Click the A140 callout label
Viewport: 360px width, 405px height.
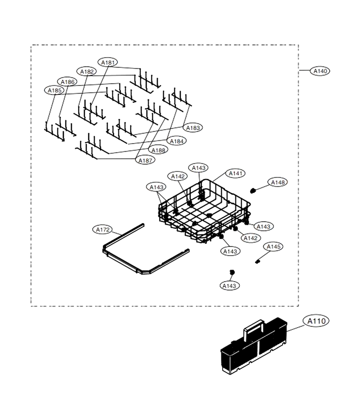coord(320,71)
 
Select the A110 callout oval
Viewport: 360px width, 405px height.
coord(316,321)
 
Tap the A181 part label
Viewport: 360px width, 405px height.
coord(108,63)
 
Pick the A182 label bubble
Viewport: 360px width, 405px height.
coord(86,72)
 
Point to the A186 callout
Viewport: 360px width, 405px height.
coord(67,82)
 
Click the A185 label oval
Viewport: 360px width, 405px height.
coord(54,90)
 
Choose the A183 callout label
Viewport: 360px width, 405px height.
coord(193,128)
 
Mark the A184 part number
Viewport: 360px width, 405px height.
coord(177,141)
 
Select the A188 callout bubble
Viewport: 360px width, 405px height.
coord(158,150)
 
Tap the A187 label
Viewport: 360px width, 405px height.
coord(145,160)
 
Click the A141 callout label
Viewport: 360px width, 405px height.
coord(235,173)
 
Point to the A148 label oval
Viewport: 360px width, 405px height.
coord(278,182)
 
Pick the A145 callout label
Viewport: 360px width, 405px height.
coord(273,247)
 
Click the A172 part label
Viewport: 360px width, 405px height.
coord(103,229)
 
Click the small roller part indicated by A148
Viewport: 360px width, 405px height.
coord(253,191)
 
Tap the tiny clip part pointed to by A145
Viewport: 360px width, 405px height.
coord(257,261)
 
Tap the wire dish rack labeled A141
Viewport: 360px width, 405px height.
coord(204,211)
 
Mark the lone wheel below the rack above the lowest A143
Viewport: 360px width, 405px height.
coord(232,272)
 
